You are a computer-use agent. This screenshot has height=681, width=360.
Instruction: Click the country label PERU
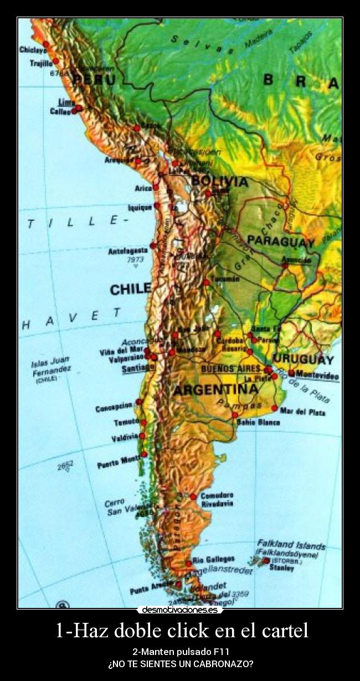(94, 80)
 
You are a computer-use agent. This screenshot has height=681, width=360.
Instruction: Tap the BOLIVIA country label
(219, 181)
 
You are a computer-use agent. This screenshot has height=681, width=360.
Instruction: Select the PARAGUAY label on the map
(281, 241)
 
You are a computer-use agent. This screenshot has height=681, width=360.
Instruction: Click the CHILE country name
(130, 288)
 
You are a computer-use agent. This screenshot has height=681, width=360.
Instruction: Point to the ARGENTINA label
(215, 390)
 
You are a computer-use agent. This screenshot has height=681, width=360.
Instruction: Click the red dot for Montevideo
(291, 373)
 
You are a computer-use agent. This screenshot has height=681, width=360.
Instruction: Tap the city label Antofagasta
(128, 251)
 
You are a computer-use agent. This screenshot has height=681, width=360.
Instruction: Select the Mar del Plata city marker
(274, 408)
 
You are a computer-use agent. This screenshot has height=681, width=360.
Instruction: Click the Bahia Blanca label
(258, 422)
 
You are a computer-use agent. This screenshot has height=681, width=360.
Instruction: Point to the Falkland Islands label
(291, 545)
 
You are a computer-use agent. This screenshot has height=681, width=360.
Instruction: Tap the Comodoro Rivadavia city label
(217, 499)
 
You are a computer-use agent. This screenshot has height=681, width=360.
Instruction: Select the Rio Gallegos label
(213, 559)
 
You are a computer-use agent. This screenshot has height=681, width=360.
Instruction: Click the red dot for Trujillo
(55, 61)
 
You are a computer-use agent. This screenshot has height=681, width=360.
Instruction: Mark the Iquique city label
(140, 207)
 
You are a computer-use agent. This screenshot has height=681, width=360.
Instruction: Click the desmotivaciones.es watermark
(180, 610)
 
